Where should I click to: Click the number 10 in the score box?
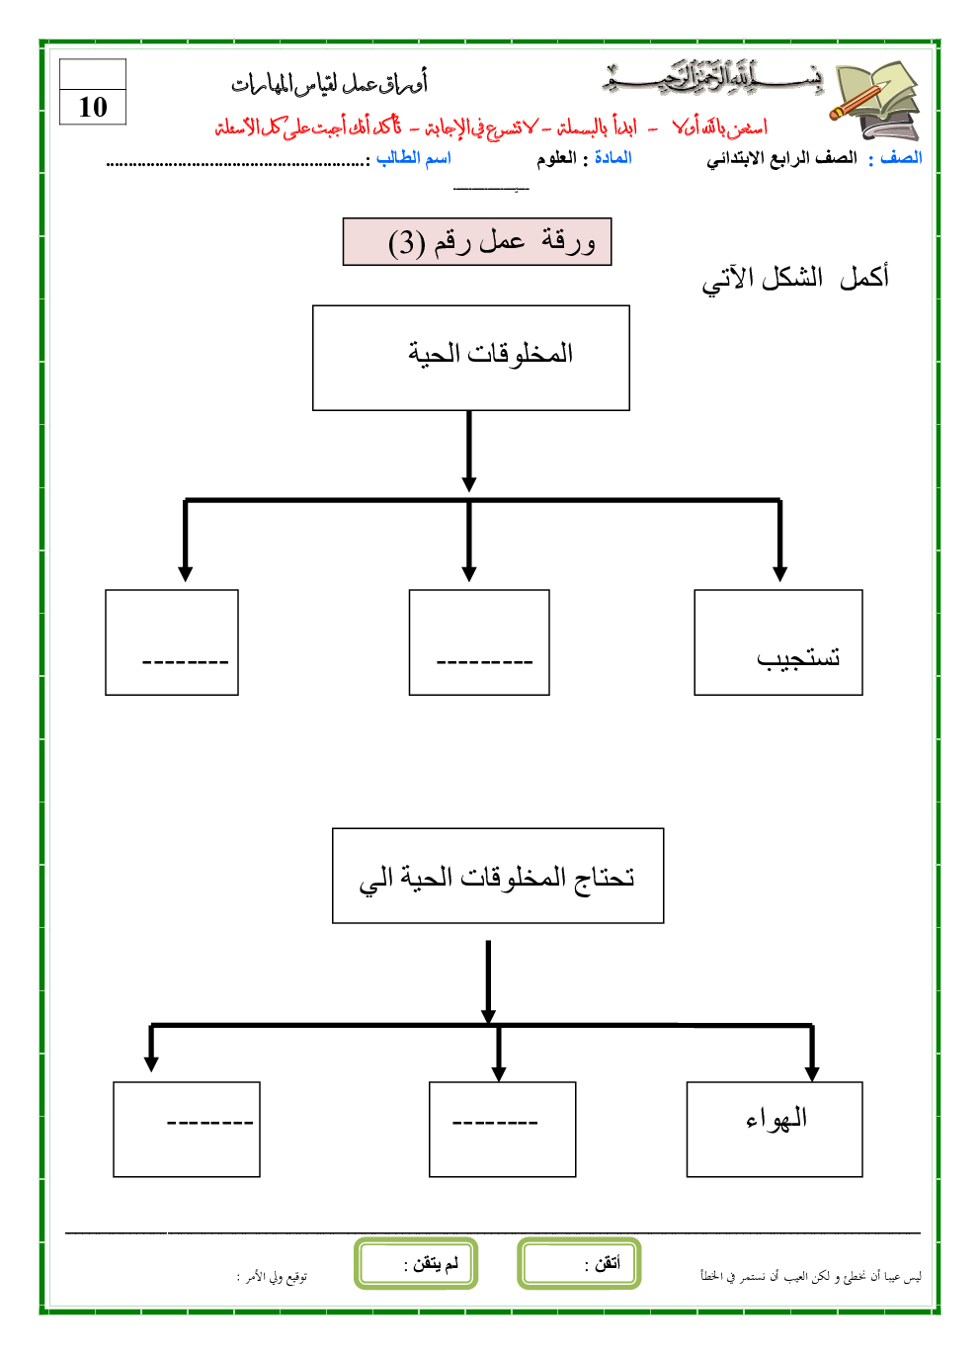click(x=93, y=107)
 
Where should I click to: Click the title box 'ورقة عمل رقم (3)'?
click(x=477, y=242)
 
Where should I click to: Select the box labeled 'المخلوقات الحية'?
click(x=471, y=357)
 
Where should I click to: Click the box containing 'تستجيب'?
click(x=778, y=642)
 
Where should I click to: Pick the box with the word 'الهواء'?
click(x=775, y=1129)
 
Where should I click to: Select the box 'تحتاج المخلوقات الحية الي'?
click(x=498, y=876)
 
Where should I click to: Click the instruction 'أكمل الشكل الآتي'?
click(x=795, y=278)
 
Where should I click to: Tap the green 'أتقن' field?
click(x=580, y=1263)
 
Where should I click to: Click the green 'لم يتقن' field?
click(x=416, y=1263)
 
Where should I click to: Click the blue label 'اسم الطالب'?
click(x=413, y=158)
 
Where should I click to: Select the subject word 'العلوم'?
click(x=556, y=158)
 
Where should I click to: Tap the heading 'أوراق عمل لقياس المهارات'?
click(x=330, y=85)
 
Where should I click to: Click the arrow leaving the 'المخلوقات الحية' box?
click(x=469, y=451)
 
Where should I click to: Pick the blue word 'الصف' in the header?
click(x=901, y=158)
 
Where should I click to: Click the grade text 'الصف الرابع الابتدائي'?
click(x=781, y=158)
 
